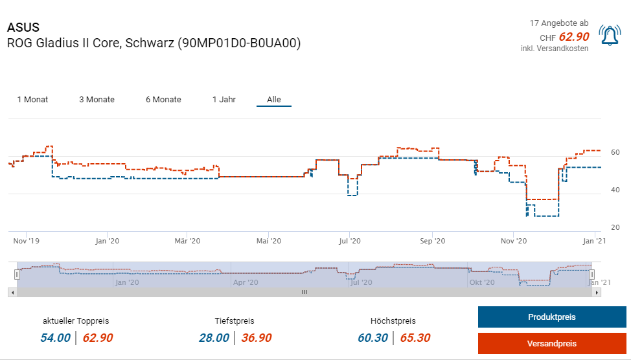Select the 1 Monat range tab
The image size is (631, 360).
click(32, 100)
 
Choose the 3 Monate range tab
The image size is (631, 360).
click(97, 100)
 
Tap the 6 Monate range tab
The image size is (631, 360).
click(163, 100)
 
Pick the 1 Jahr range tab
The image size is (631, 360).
click(224, 100)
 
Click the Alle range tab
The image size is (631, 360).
click(274, 100)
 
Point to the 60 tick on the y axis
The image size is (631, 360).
click(615, 153)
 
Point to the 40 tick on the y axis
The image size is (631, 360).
click(615, 190)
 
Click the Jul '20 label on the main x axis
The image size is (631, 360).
click(349, 241)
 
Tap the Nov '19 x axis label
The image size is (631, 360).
click(27, 241)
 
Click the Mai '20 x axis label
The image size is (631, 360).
click(269, 241)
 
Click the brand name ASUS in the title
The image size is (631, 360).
click(23, 27)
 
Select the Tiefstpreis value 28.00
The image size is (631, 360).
click(214, 337)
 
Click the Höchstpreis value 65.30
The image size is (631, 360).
click(415, 337)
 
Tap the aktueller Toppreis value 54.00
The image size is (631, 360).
click(55, 337)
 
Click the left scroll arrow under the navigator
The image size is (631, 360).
click(12, 292)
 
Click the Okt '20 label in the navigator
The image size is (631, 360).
click(482, 282)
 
